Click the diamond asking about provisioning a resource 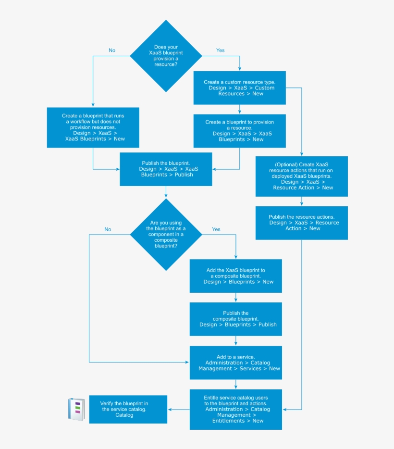(x=166, y=56)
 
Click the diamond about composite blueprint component (x=166, y=235)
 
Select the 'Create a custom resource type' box (x=239, y=88)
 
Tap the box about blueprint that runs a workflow (x=93, y=127)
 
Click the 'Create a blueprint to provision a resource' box (x=239, y=131)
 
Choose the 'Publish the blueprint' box (x=166, y=169)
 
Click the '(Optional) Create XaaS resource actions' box (x=301, y=176)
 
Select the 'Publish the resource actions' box (x=301, y=223)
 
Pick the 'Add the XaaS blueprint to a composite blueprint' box (x=235, y=276)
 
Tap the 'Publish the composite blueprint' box (x=235, y=319)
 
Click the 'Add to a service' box (x=235, y=363)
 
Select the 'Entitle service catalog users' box (x=235, y=409)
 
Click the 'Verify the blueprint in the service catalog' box (x=128, y=409)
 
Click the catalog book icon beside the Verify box (x=76, y=410)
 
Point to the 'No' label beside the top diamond (x=112, y=50)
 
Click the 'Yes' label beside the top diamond (x=221, y=50)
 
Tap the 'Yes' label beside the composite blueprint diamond (x=216, y=229)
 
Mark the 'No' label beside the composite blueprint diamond (x=108, y=229)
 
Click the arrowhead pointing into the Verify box (x=170, y=410)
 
